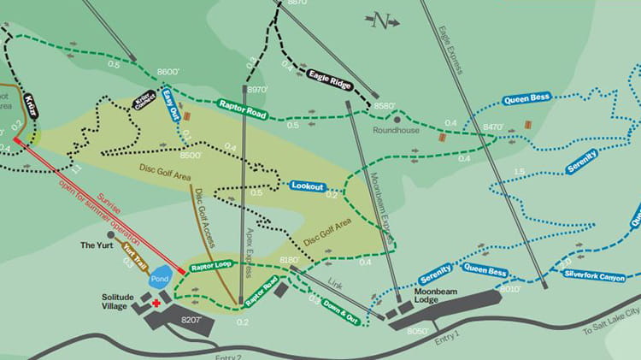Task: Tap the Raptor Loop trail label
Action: click(x=213, y=266)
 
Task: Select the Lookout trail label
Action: click(x=307, y=185)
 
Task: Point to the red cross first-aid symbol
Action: click(x=156, y=303)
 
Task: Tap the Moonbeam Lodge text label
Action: click(x=409, y=292)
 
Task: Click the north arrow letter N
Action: click(x=382, y=20)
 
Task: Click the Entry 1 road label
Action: click(x=445, y=339)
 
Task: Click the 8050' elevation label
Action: click(x=420, y=331)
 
